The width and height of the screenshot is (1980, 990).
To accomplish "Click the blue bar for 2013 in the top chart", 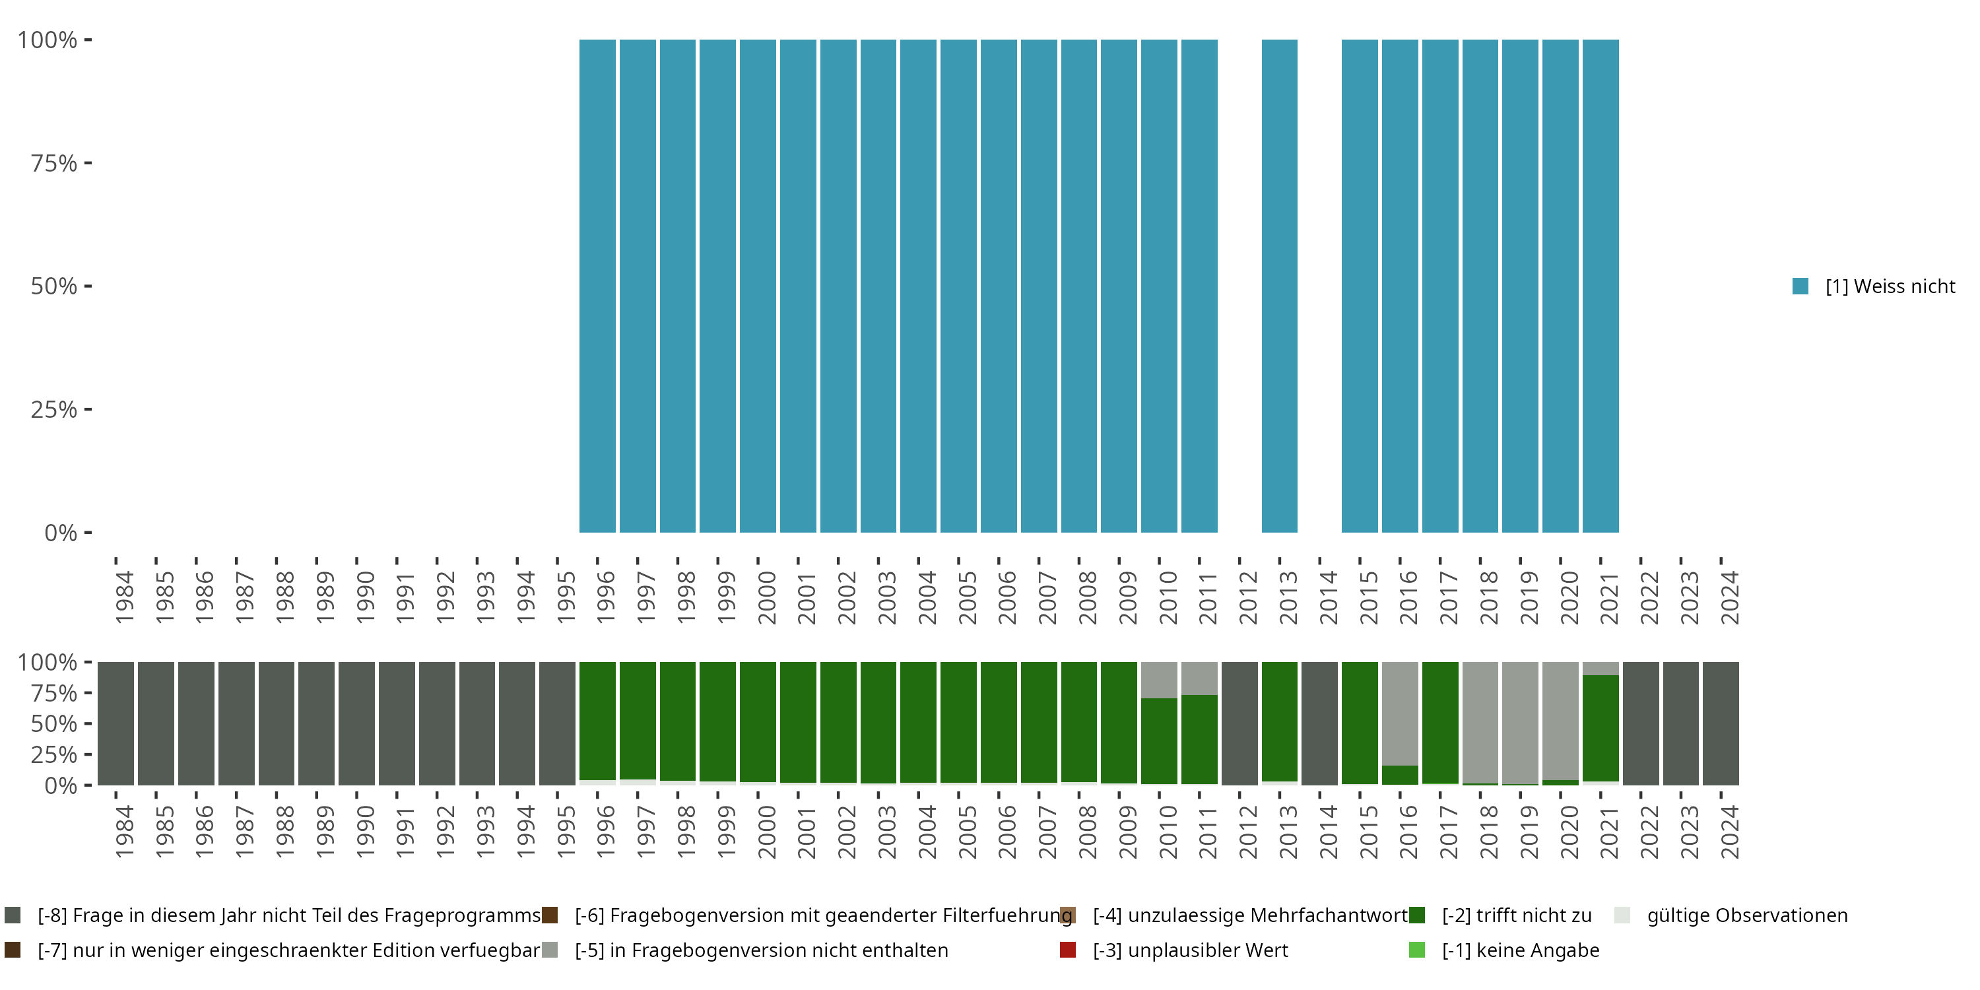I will (1279, 286).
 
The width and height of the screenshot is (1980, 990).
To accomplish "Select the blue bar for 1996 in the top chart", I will (597, 286).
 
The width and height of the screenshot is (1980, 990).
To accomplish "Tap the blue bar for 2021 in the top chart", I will (1600, 286).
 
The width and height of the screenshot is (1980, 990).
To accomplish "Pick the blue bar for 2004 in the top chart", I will (919, 286).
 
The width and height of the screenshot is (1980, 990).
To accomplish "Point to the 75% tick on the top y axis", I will (88, 163).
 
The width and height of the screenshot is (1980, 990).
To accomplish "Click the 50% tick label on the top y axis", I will (54, 286).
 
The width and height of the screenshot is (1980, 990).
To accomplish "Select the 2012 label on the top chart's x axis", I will (1247, 597).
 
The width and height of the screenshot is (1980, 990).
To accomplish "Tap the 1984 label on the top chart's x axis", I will (124, 597).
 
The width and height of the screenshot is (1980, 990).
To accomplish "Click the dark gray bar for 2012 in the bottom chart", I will (1239, 723).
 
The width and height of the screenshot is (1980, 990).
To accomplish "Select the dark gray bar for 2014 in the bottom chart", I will (1320, 723).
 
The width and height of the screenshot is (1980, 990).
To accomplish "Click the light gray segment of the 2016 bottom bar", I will (1400, 713).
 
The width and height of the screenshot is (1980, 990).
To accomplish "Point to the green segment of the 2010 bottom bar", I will (1159, 741).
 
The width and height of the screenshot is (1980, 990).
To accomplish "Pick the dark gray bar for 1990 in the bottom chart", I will (356, 723).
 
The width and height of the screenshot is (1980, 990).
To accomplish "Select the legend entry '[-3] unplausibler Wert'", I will (1190, 950).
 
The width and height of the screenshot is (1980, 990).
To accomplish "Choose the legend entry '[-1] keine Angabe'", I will (1519, 950).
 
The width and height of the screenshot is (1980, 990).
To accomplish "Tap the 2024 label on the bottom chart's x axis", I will (1729, 832).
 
